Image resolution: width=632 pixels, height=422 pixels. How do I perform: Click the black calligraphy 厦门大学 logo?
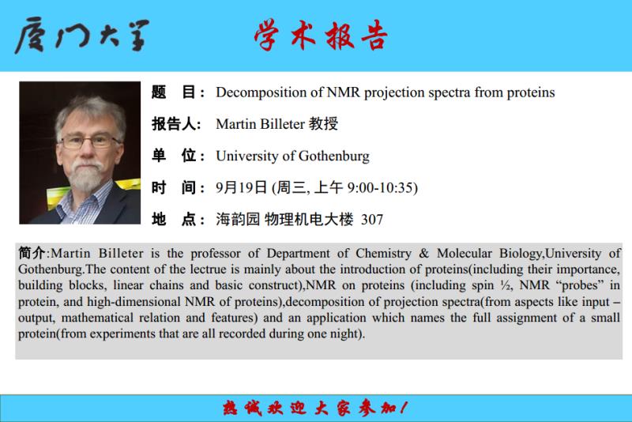tap(82, 35)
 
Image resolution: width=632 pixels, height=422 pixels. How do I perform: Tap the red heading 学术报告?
tap(321, 35)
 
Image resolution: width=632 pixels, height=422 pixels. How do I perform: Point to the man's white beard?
tap(85, 175)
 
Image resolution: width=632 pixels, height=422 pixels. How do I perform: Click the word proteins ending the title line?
tap(530, 93)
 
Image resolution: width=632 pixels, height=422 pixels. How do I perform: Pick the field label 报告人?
tap(176, 124)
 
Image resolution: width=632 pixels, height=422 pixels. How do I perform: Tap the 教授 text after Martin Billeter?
tap(323, 124)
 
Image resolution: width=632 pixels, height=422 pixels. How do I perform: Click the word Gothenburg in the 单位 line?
tap(333, 156)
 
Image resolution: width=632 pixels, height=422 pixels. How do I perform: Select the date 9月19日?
tap(241, 187)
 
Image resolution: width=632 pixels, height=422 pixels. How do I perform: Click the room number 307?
tap(372, 220)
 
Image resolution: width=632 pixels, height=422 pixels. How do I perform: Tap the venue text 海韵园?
tap(238, 220)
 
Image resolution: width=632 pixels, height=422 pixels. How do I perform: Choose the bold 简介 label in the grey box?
tap(32, 253)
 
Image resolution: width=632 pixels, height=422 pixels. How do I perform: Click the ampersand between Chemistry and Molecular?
tap(424, 254)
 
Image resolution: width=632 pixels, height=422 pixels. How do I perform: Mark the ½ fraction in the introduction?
tap(506, 285)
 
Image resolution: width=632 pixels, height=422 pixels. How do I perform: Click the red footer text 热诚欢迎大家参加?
tap(314, 409)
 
